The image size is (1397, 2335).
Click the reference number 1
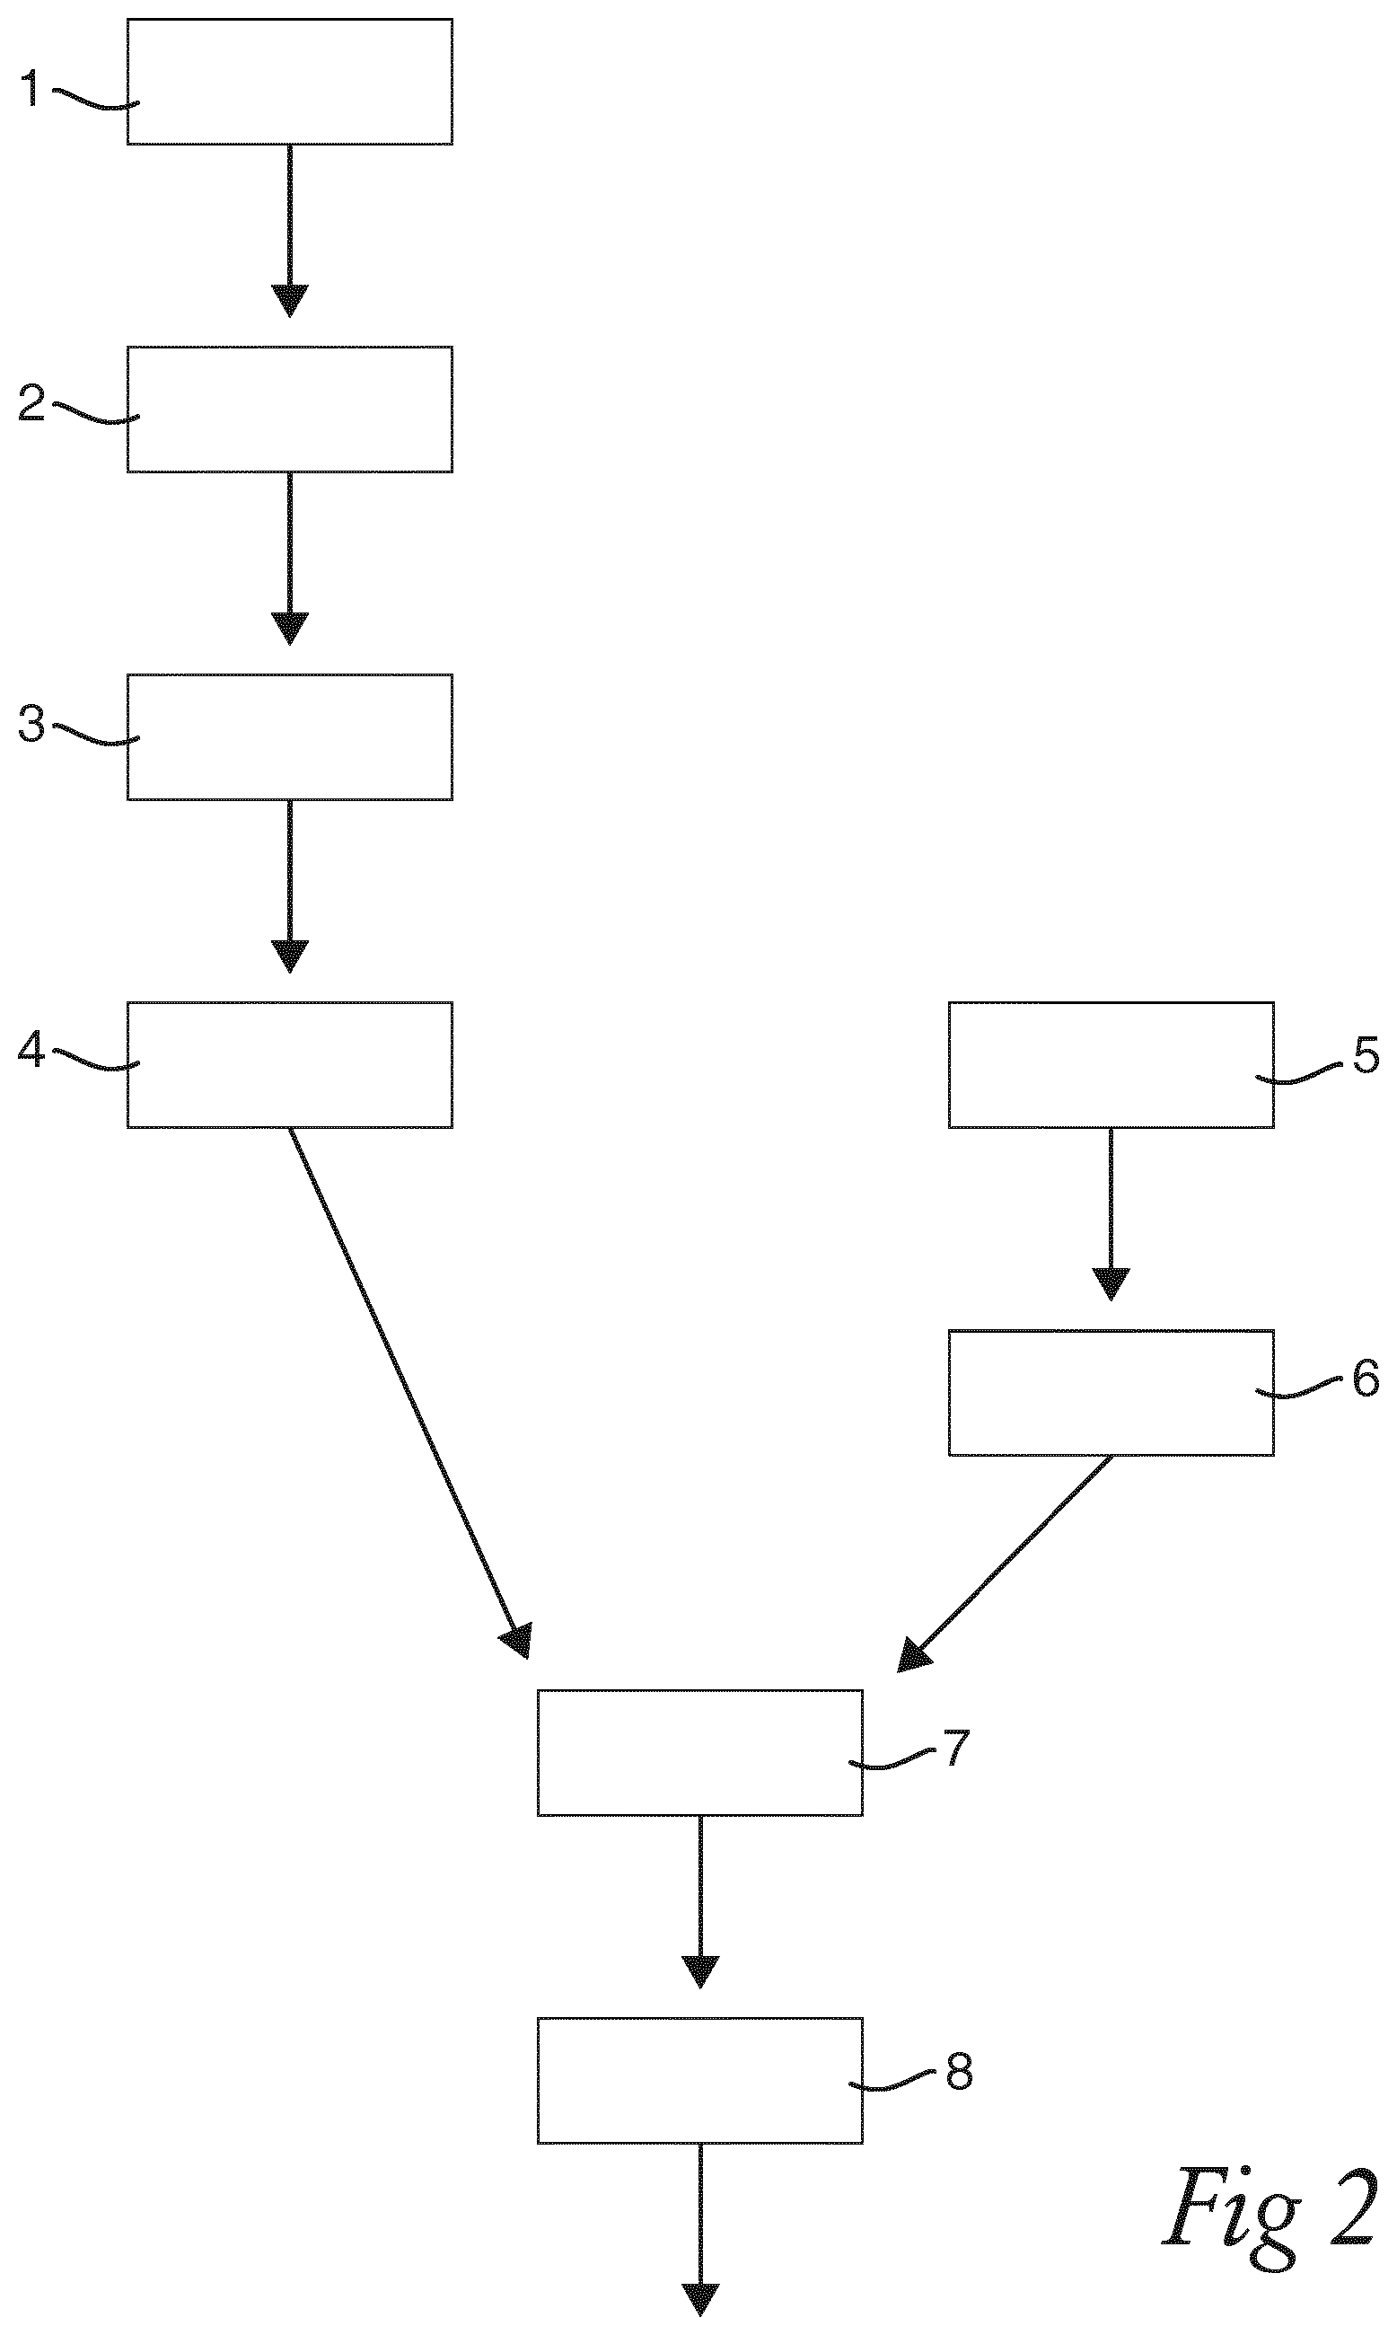point(31,90)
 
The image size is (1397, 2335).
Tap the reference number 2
point(32,403)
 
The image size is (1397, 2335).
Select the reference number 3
point(32,725)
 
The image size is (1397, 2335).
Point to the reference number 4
point(31,1049)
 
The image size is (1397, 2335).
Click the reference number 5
point(1366,1055)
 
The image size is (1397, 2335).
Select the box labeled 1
point(290,82)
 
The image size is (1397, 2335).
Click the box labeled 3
point(290,737)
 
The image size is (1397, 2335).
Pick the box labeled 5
point(1111,1065)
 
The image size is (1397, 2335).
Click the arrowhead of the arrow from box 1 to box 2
point(290,300)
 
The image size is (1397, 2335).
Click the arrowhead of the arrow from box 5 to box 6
point(1111,1284)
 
